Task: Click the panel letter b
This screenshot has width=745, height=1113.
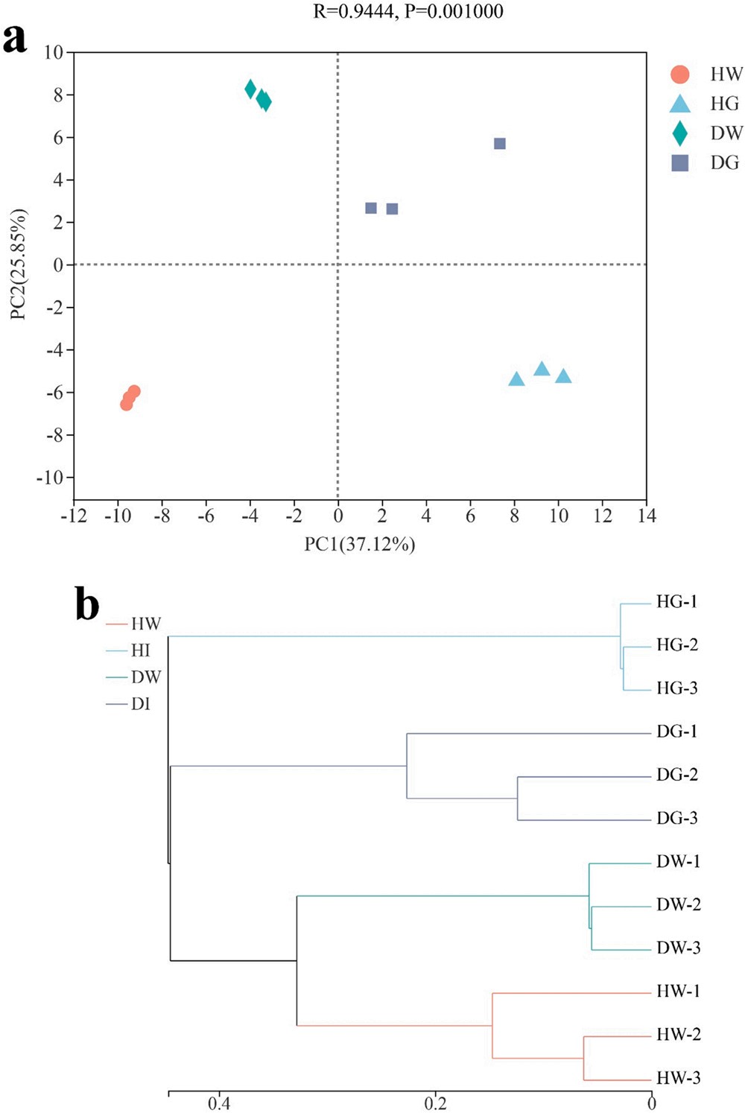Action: tap(87, 605)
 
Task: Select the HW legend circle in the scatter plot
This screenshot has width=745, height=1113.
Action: tap(680, 74)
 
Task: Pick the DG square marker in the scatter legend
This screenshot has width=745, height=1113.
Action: tap(680, 163)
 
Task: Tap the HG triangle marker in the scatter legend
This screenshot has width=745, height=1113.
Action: tap(680, 104)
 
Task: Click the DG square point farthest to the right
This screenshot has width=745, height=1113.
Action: tap(500, 144)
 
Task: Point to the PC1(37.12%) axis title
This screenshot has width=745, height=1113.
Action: tap(360, 545)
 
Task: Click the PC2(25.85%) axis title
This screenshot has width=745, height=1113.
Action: tap(18, 264)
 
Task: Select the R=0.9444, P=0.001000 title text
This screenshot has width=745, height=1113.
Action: tap(408, 11)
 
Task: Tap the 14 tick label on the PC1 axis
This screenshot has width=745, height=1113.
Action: tap(647, 516)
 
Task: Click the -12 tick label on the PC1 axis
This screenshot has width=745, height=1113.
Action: tap(74, 516)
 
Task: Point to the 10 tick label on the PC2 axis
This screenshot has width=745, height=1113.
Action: tap(54, 52)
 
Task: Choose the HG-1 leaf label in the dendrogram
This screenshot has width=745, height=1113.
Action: tap(676, 602)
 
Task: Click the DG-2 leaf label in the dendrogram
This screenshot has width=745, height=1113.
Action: tap(676, 775)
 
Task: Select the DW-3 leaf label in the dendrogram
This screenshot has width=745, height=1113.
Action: tap(678, 948)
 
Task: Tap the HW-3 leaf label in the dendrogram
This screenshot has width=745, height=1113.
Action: tap(678, 1078)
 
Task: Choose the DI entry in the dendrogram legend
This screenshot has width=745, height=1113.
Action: tap(141, 704)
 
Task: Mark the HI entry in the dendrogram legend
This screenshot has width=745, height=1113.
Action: tap(141, 650)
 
